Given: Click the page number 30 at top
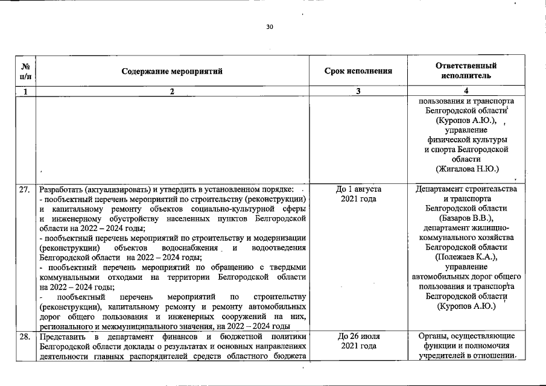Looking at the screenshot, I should pos(269,27).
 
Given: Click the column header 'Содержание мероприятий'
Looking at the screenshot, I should pos(172,71).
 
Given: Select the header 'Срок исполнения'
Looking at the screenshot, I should pos(358,71).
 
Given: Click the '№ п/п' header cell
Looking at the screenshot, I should pos(25,71).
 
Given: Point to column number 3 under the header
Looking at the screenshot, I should pos(358,92).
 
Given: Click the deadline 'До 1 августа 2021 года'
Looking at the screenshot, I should pos(358,194).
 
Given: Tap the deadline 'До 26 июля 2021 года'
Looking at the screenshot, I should pos(358,341).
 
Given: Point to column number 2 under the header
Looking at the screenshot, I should pos(172,92).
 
